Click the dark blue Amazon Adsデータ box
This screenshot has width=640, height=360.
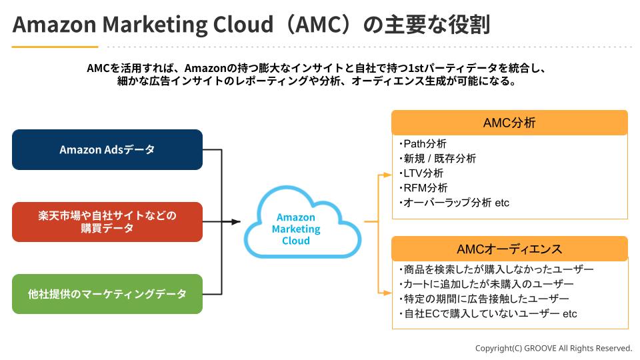click(107, 149)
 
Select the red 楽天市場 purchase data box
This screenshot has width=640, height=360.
click(107, 222)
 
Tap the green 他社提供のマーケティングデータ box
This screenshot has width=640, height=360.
click(107, 294)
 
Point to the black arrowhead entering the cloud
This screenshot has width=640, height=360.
click(236, 222)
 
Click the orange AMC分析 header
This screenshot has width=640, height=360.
click(509, 123)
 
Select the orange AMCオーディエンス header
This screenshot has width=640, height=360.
click(509, 249)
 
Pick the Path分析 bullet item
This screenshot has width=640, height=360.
click(424, 144)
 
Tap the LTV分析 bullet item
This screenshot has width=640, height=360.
click(423, 173)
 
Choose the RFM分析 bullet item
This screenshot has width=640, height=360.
click(425, 188)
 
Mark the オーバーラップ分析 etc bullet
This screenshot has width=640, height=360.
click(455, 203)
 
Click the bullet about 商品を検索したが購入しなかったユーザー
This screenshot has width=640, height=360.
click(497, 270)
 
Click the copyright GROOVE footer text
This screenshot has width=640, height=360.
click(553, 348)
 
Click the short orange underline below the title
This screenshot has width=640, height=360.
click(55, 47)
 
